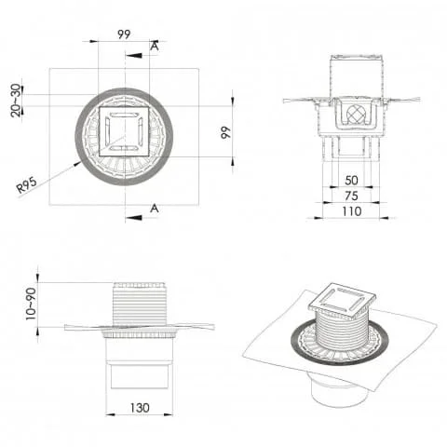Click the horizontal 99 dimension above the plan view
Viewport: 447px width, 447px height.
(x=124, y=34)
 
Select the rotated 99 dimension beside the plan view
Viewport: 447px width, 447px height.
(x=223, y=133)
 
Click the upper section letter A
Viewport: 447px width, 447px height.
(x=154, y=46)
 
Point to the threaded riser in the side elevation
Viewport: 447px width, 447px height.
(x=138, y=303)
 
